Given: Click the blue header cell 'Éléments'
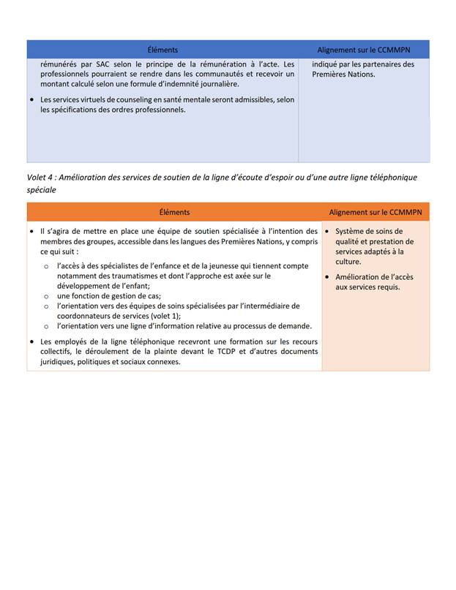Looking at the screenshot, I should (162, 50).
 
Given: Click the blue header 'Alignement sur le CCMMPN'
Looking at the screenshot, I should (364, 50).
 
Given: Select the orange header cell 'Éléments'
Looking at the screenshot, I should (174, 212).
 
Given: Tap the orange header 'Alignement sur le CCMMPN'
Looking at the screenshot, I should (375, 212).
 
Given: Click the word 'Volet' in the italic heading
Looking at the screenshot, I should (37, 178).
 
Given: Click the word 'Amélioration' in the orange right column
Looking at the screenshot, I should (359, 277).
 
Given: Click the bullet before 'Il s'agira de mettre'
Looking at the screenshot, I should (31, 232).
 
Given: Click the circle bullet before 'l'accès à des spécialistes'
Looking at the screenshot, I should (46, 267).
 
